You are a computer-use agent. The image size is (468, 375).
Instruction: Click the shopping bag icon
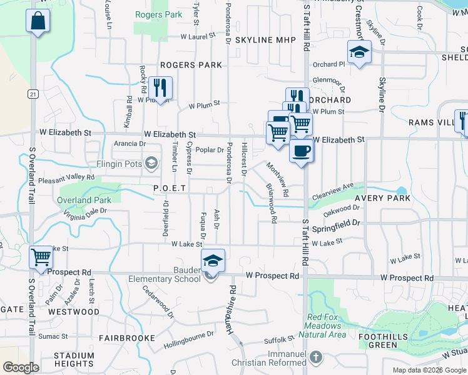point(38,20)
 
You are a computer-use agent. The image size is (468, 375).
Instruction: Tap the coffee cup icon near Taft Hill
point(302,151)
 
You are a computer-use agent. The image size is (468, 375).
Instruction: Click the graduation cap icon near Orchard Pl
point(360,52)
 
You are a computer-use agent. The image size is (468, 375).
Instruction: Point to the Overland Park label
point(84,200)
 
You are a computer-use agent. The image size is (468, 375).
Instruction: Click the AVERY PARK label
point(382,198)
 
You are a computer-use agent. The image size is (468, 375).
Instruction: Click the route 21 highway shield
point(33,94)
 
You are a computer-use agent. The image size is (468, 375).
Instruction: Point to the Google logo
point(21,367)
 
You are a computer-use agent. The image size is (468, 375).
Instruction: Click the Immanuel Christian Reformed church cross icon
point(317,357)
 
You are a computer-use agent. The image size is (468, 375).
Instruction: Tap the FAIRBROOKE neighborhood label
point(127,338)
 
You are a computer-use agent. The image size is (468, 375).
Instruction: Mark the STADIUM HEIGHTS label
point(74,359)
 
